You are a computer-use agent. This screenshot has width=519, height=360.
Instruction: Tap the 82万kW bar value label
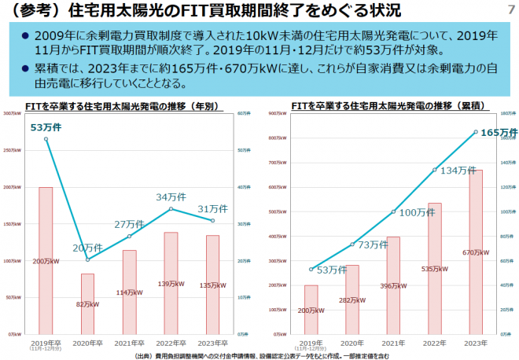coord(88,303)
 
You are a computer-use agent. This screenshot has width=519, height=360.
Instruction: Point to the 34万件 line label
coord(171,197)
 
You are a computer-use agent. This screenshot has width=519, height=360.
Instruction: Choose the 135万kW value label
coord(212,287)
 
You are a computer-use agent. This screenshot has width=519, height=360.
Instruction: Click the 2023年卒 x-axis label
coord(212,343)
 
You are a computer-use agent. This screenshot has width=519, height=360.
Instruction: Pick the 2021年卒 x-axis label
coord(129,343)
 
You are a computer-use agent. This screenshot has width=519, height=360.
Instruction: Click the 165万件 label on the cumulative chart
coord(499,132)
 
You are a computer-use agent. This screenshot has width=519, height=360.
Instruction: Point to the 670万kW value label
coord(476,252)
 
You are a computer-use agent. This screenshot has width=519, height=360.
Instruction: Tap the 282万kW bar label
coord(352,299)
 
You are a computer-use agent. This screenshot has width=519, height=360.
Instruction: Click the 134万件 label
coord(458,171)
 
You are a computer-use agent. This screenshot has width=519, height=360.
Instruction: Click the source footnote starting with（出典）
coord(259,355)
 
